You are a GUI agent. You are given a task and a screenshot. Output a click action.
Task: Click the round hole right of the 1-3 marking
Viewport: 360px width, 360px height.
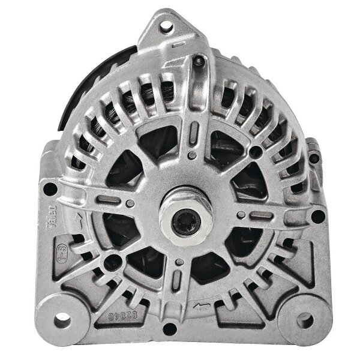coord(110,261)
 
